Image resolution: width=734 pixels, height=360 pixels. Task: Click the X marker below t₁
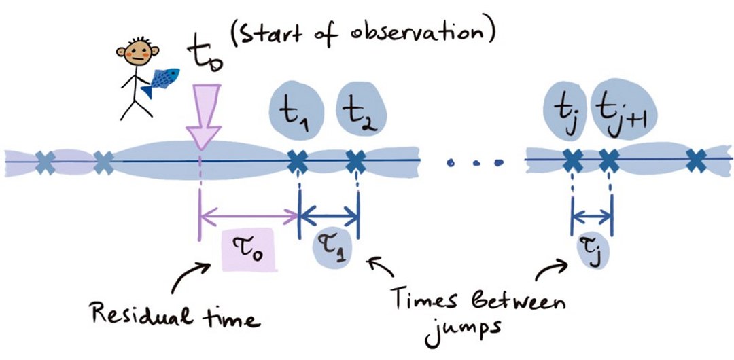click(x=298, y=160)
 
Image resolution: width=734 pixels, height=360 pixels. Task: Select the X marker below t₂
click(x=355, y=160)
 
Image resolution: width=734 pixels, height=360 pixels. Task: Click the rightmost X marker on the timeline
click(x=695, y=161)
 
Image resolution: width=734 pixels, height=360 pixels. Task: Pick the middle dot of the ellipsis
click(x=474, y=162)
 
